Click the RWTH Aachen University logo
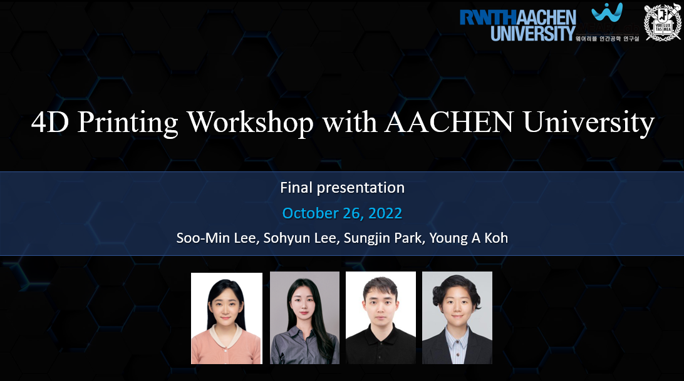[x=517, y=24]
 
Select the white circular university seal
[x=662, y=23]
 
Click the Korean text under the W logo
[x=607, y=39]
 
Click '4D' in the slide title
[x=51, y=123]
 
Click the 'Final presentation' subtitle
[x=342, y=187]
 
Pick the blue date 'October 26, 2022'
[x=342, y=213]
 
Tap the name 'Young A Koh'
[x=469, y=238]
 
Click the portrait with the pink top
[x=227, y=318]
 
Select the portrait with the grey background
[x=304, y=318]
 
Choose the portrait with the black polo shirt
[x=381, y=318]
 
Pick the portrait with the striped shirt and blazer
[x=457, y=318]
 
